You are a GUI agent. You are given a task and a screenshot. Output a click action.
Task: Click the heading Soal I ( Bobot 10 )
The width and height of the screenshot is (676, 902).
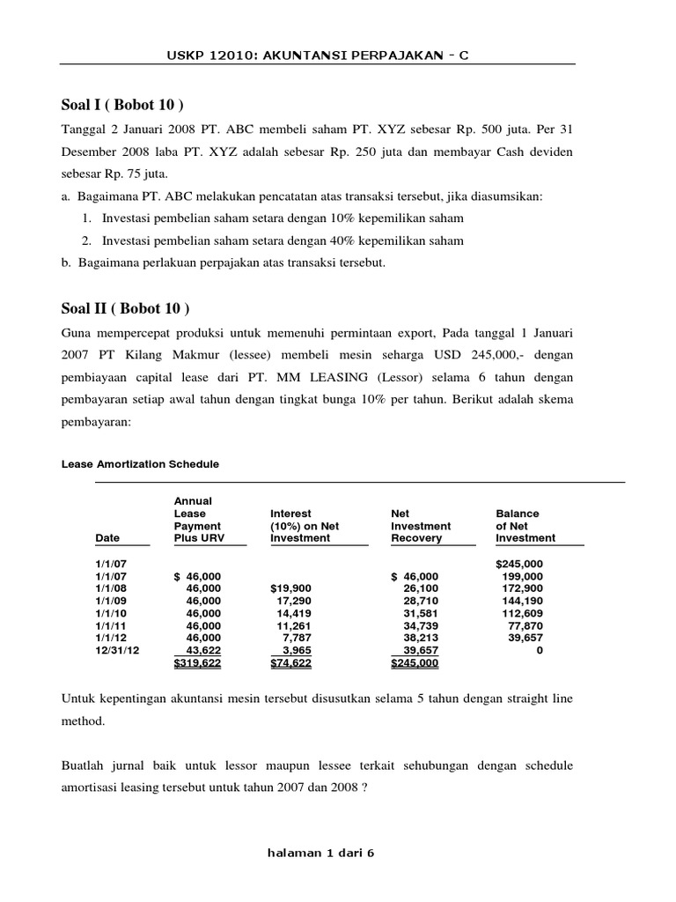click(122, 106)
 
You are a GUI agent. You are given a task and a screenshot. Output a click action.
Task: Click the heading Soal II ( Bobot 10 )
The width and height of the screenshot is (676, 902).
click(125, 308)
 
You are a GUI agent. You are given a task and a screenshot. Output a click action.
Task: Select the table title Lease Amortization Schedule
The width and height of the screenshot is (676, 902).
click(140, 463)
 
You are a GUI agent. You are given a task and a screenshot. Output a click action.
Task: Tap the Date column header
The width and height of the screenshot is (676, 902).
click(107, 537)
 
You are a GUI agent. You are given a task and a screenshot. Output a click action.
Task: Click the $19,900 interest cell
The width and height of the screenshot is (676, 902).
click(291, 588)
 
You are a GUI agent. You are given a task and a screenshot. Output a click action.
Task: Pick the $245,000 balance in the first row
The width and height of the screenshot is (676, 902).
click(519, 564)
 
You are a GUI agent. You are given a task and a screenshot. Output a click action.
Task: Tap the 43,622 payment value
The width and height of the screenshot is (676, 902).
click(203, 650)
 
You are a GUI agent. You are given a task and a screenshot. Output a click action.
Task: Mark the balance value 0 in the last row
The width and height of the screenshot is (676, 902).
click(540, 650)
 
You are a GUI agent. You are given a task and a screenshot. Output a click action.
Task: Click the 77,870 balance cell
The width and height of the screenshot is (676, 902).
click(525, 625)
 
